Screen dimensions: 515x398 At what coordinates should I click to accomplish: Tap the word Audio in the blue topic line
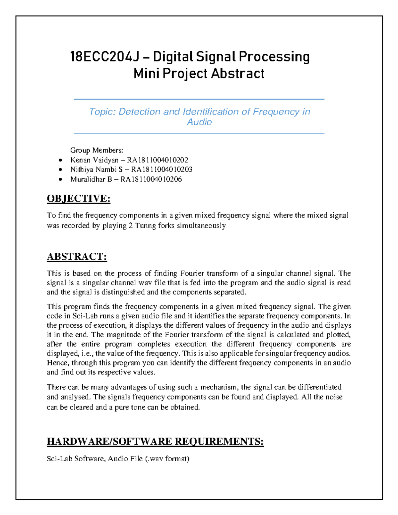[199, 122]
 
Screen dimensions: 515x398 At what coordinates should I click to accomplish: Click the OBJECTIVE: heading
[78, 199]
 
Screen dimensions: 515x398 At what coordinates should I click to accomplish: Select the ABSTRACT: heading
[77, 257]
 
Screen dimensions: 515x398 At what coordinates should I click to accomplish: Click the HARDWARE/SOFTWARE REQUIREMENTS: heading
[155, 441]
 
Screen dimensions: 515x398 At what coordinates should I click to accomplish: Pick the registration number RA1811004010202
[158, 160]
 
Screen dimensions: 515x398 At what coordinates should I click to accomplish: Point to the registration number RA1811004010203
[162, 169]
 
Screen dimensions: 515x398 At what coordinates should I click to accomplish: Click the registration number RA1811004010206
[151, 179]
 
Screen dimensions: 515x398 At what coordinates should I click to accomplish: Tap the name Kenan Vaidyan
[94, 160]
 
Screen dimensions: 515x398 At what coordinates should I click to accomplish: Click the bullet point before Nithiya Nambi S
[60, 170]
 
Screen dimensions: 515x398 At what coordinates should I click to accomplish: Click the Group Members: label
[97, 150]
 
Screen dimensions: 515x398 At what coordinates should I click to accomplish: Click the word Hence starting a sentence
[57, 363]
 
